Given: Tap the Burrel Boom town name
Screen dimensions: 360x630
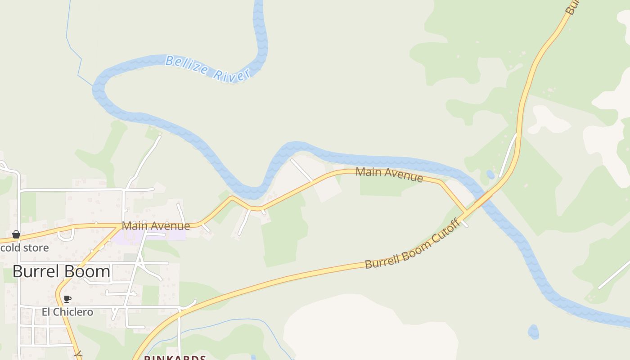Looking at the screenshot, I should coord(61,271).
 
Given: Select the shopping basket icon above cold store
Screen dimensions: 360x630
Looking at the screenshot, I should coord(16,234).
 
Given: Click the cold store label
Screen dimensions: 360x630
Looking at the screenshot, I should coord(24,248).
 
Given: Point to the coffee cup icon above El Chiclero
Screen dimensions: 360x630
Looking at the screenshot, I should coord(67,299).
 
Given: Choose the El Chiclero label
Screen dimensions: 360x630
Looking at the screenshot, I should coord(67,312).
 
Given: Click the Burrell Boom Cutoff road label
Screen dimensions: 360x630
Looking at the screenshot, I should coord(412,244).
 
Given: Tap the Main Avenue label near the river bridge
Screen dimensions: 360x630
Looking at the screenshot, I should coord(389,174).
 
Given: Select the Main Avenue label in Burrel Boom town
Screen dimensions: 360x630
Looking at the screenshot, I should coord(156,226).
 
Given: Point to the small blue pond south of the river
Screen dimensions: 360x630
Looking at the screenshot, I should coord(533,332).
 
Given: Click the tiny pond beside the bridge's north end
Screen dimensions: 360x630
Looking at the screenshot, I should coord(490,174).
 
